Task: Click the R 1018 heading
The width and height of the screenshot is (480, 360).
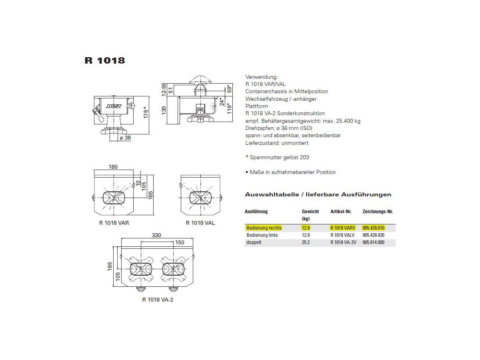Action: (x=105, y=61)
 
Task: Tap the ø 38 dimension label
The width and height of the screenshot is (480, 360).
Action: (x=125, y=138)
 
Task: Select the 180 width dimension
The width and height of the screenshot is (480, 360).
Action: (x=113, y=167)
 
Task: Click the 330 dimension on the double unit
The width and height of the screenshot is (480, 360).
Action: (x=156, y=235)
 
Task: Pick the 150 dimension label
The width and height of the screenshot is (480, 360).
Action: (x=180, y=242)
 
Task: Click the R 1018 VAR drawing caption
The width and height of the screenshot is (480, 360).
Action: (x=114, y=223)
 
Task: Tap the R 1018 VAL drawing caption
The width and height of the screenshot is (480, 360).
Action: (x=200, y=223)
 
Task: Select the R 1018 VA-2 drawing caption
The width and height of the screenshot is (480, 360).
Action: (x=158, y=300)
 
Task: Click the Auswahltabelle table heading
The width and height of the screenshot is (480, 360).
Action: (x=318, y=195)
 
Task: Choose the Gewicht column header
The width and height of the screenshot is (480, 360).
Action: (x=310, y=212)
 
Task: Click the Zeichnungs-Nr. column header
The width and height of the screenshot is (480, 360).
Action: (x=378, y=212)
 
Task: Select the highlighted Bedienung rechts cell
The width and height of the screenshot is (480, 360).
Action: (x=264, y=228)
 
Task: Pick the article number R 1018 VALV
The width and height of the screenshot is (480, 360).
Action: (x=343, y=235)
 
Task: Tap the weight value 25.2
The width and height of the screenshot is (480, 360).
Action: (x=306, y=242)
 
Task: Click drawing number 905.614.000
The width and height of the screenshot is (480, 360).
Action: (x=373, y=242)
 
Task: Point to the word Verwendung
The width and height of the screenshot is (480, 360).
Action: (x=261, y=76)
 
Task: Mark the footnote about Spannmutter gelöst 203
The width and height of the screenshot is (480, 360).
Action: (x=277, y=158)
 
